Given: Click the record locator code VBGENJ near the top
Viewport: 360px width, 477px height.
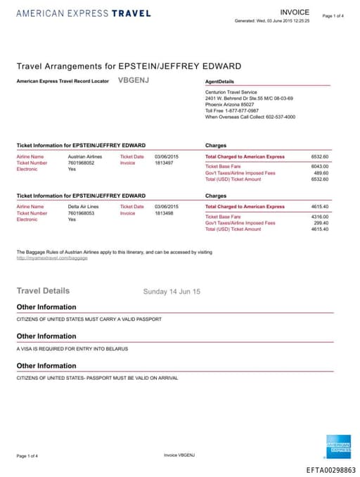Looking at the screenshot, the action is coord(133,81).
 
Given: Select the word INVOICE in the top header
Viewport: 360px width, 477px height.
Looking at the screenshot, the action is coord(294,13).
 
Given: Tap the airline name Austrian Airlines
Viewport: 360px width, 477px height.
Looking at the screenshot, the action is coord(84,156).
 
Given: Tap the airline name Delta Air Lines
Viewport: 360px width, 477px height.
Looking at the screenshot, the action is coord(83,206).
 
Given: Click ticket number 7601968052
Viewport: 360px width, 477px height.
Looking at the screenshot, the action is coord(82,163).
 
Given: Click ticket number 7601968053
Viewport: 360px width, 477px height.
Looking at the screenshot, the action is coord(82,212).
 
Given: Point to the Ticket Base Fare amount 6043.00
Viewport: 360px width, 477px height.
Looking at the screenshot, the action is coord(320,166).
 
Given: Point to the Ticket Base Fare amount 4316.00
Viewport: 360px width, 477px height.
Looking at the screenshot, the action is coord(320,216).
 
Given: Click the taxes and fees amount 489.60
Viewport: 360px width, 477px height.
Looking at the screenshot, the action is coord(321,172).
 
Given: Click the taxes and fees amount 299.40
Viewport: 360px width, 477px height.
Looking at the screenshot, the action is coord(321,222).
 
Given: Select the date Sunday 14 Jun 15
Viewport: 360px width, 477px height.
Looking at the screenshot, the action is coord(172,291).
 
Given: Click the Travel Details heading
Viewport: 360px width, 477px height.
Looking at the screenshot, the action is coord(43,291).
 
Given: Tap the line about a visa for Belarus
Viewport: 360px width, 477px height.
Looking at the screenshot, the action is coord(72,349).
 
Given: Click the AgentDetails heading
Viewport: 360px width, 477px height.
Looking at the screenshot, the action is coord(219,82).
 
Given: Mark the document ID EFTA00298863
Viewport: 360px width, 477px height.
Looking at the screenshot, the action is coord(331,469).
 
